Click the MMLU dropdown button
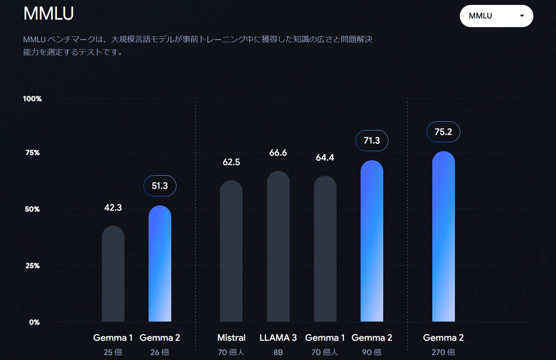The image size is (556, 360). pos(496,16)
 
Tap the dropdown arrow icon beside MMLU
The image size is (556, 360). pos(522,16)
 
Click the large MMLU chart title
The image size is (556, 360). pos(49,14)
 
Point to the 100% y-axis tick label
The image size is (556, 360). pos(32,99)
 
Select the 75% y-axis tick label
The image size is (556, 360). pos(32,153)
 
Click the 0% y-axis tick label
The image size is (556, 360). pos(34,322)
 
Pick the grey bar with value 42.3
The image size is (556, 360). pos(113,274)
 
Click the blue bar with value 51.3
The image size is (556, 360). pos(160,263)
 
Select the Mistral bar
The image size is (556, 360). pos(231,251)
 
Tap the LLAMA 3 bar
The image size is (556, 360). pos(278,246)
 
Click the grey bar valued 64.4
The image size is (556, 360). pos(325,248)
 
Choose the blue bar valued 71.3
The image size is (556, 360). pos(372,241)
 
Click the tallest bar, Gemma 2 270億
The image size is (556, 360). pos(444,236)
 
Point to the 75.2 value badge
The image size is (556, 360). pos(443,132)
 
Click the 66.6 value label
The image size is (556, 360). pos(278,153)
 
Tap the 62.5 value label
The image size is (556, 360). pos(231,162)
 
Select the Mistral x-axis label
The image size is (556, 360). pos(231,338)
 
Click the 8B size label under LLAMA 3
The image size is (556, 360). pos(278,352)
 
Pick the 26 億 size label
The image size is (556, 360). pos(160,352)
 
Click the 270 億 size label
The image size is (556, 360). pos(443,352)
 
